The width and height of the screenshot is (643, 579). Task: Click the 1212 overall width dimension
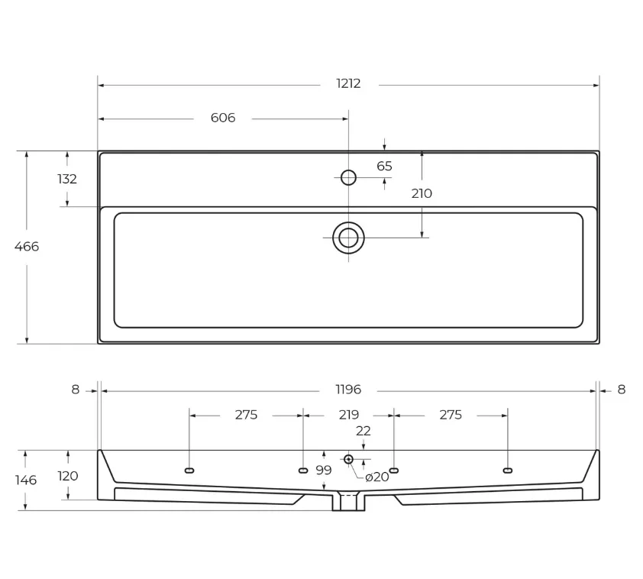[348, 84]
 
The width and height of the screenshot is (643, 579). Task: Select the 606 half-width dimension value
[223, 118]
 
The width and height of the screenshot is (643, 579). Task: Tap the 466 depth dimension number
[27, 247]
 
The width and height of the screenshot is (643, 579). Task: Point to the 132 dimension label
[67, 180]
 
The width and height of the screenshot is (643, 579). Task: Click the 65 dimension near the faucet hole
[384, 166]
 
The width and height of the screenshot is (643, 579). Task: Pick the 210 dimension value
[422, 193]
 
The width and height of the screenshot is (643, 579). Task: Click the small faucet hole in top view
[348, 177]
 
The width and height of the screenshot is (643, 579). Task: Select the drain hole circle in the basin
[348, 238]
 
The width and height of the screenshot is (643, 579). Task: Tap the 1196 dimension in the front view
[348, 390]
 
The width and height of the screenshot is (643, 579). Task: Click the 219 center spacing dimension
[349, 415]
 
